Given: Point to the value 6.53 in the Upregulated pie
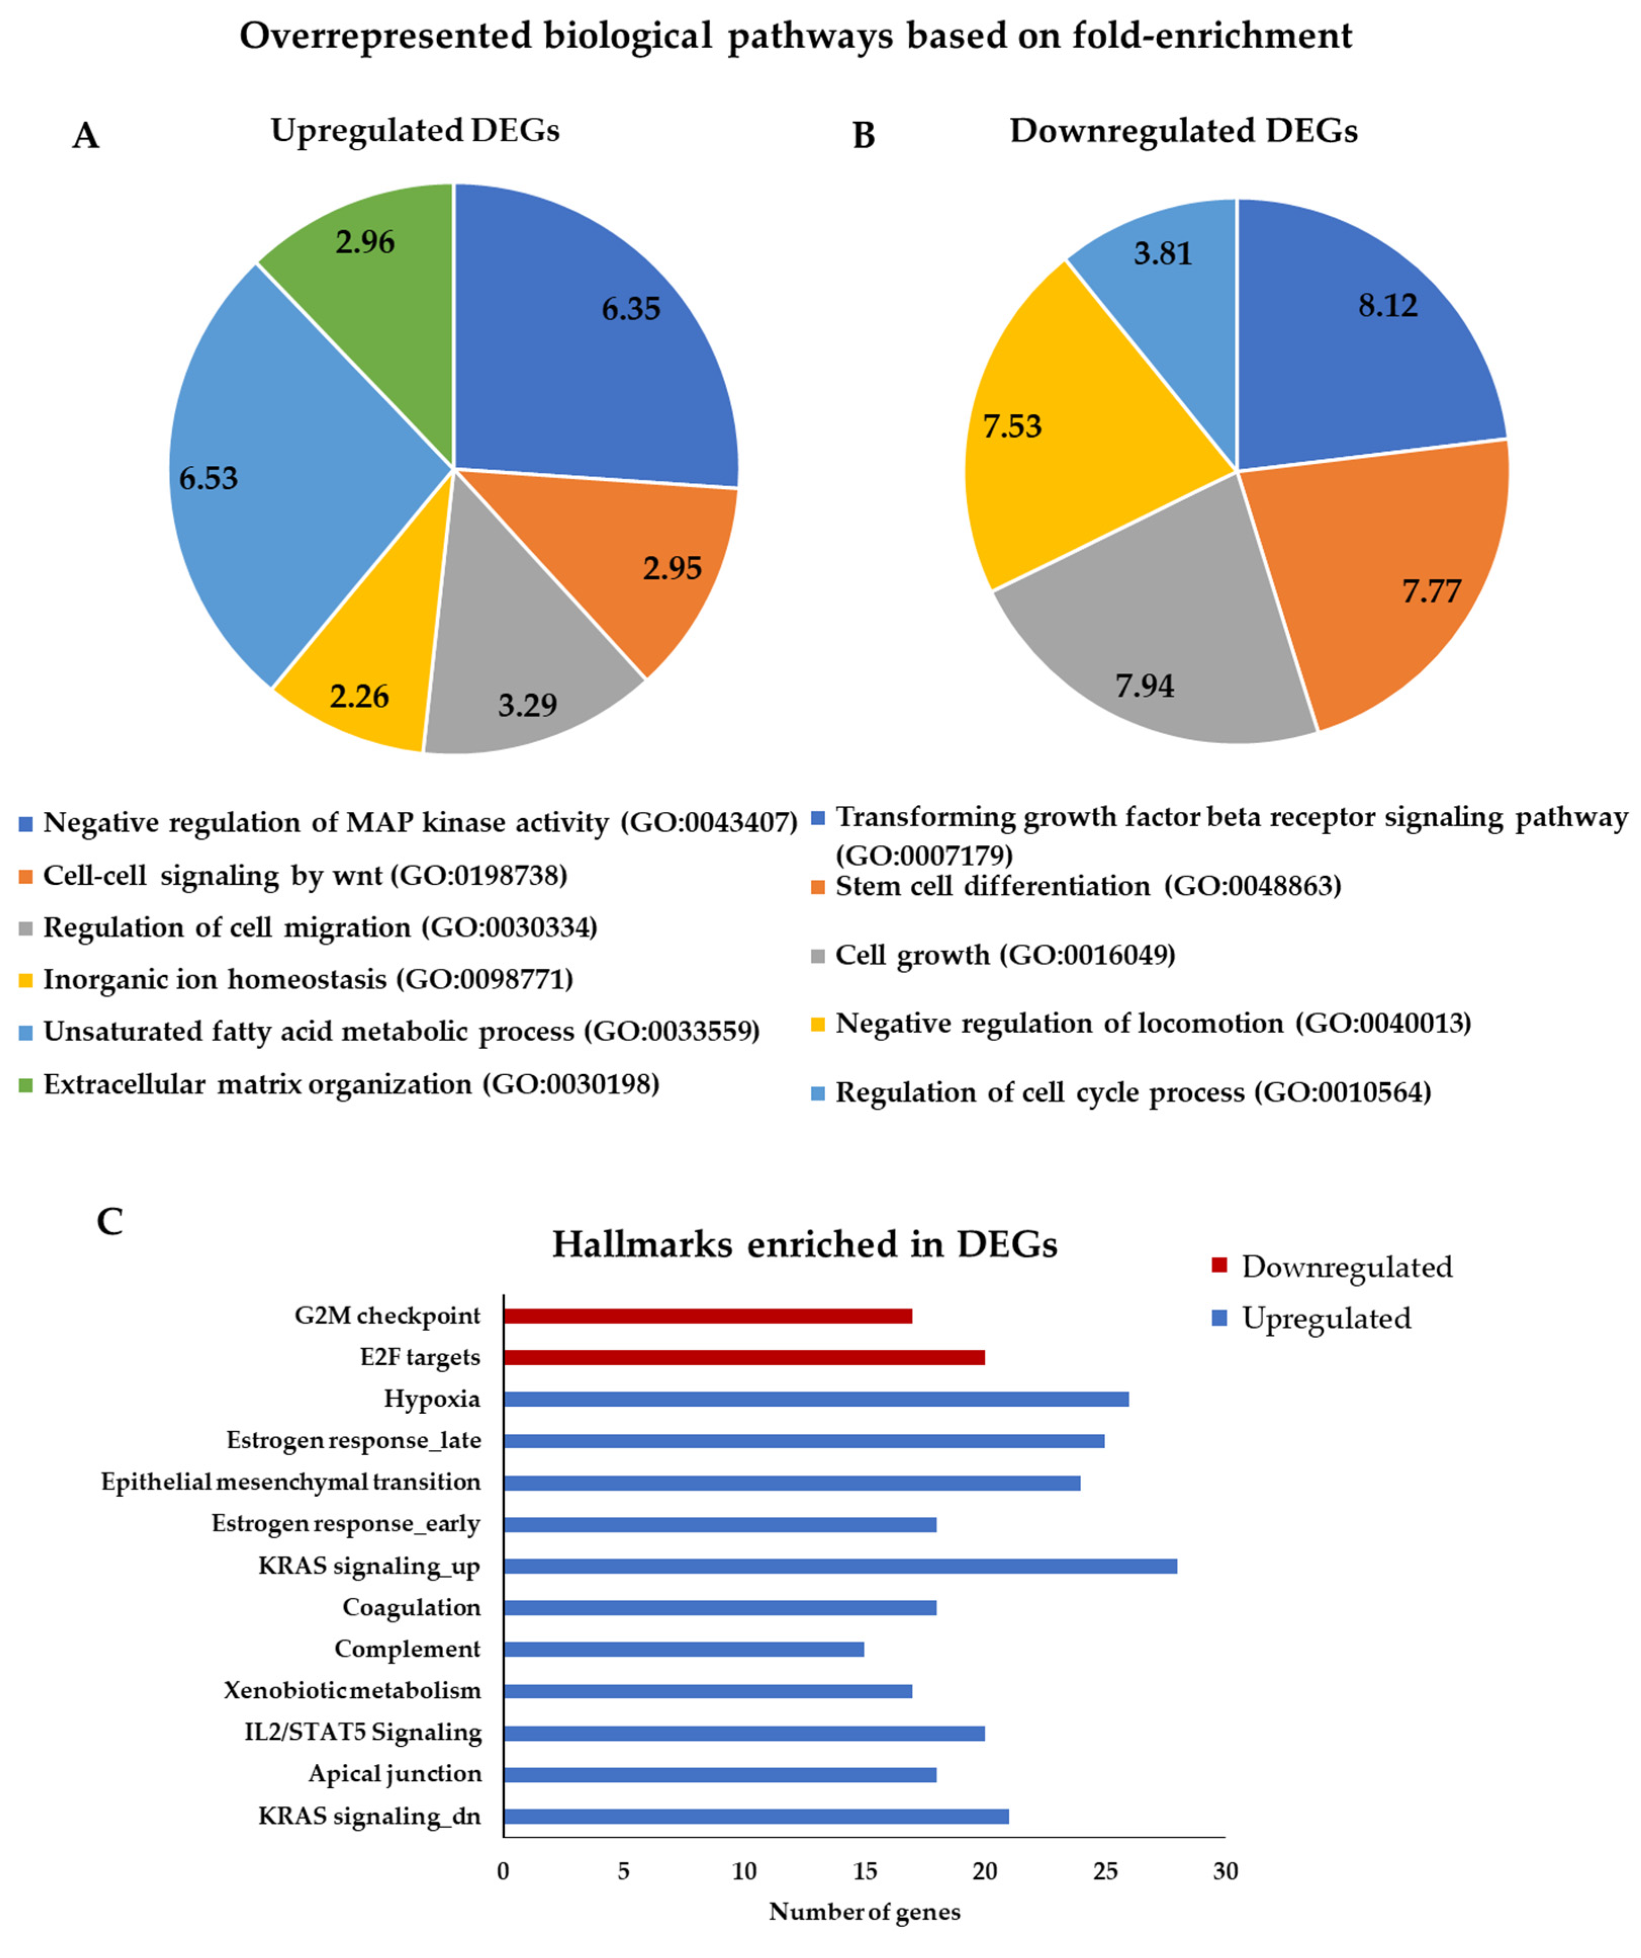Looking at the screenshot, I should pyautogui.click(x=209, y=479).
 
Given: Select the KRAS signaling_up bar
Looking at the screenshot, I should pyautogui.click(x=839, y=1565).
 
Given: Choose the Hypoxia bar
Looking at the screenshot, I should pyautogui.click(x=816, y=1399).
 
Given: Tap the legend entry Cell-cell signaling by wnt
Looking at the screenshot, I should pyautogui.click(x=305, y=876).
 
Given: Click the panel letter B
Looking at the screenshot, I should pyautogui.click(x=863, y=136).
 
